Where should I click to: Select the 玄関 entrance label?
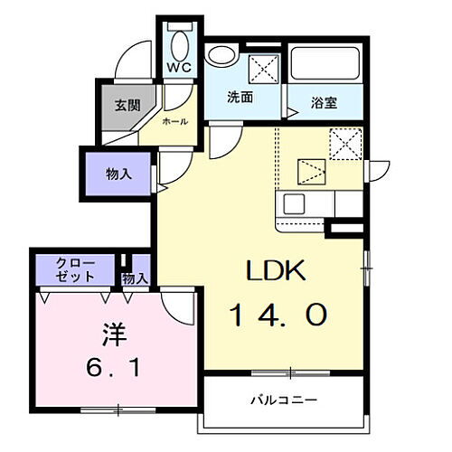(x=127, y=104)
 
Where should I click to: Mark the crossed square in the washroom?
(x=262, y=65)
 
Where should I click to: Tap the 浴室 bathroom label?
(x=325, y=102)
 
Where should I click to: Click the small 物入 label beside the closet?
(x=135, y=278)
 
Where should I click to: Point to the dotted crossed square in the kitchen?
(x=344, y=143)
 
